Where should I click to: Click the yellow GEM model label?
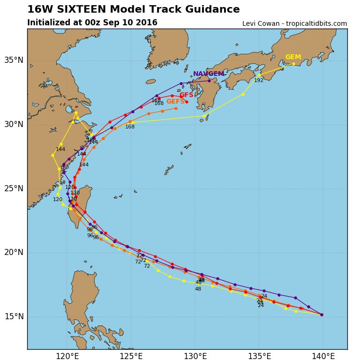pyautogui.click(x=293, y=57)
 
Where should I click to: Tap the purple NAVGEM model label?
pyautogui.click(x=208, y=74)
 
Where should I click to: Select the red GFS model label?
pyautogui.click(x=186, y=95)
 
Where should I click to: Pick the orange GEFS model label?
pyautogui.click(x=175, y=102)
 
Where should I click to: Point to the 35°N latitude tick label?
pyautogui.click(x=14, y=60)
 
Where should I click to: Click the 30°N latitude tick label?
pyautogui.click(x=14, y=124)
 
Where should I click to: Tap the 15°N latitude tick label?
pyautogui.click(x=14, y=316)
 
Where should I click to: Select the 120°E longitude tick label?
pyautogui.click(x=67, y=356)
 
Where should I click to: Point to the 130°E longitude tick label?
pyautogui.click(x=195, y=356)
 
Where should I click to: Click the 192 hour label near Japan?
pyautogui.click(x=259, y=81)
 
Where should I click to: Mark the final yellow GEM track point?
pyautogui.click(x=294, y=64)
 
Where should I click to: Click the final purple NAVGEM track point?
pyautogui.click(x=209, y=81)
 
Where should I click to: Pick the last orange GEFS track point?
pyautogui.click(x=176, y=108)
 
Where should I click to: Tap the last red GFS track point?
pyautogui.click(x=187, y=102)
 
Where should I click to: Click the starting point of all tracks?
pyautogui.click(x=322, y=315)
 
